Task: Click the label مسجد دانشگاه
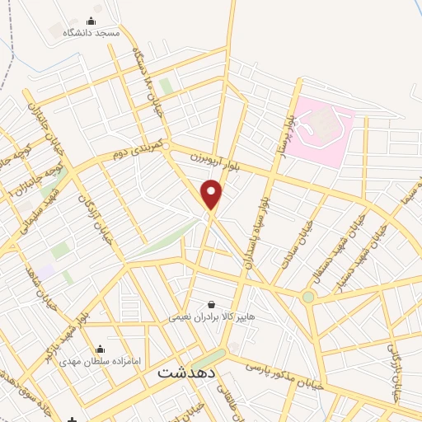click(x=96, y=33)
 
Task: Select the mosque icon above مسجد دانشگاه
click(x=91, y=21)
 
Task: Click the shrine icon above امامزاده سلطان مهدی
click(x=101, y=349)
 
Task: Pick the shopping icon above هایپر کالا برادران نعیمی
click(x=211, y=304)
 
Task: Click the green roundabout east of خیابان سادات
click(x=308, y=297)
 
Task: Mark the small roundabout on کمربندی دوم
click(x=166, y=146)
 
